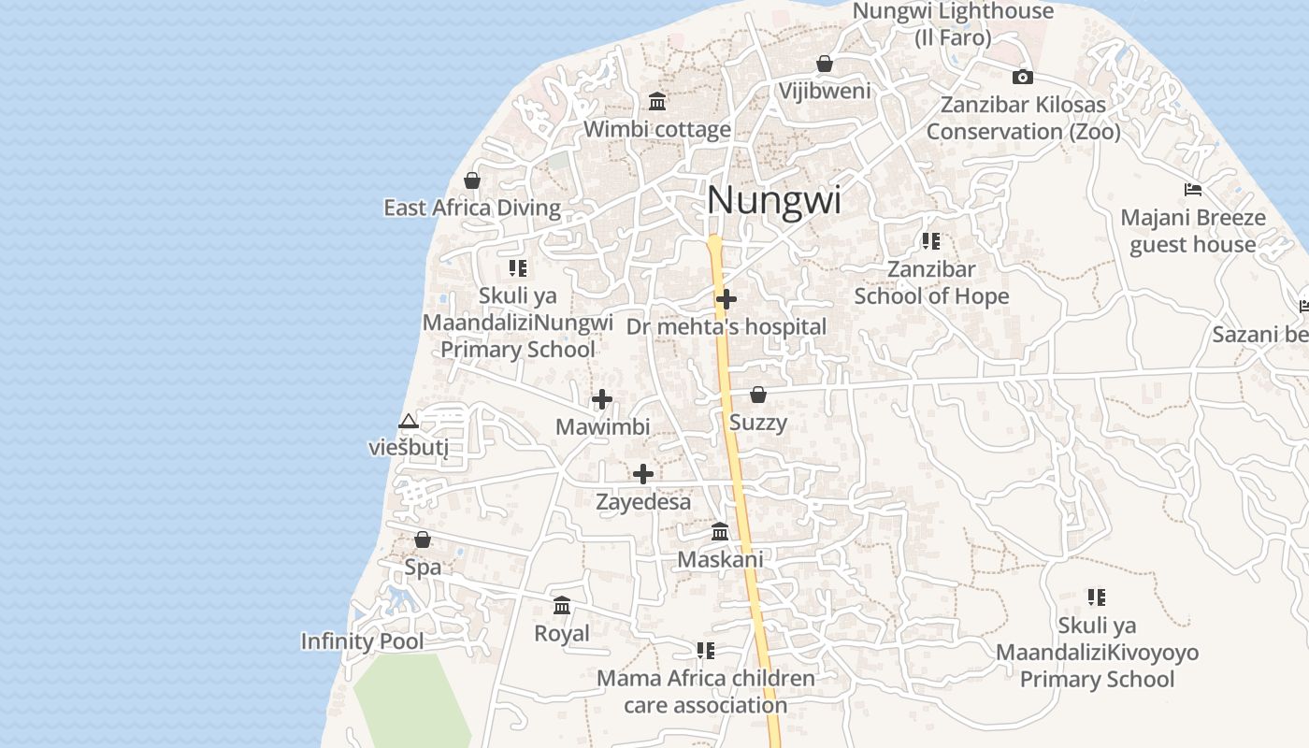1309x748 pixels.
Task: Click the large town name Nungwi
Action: pyautogui.click(x=774, y=201)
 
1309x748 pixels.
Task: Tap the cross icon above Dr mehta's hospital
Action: pyautogui.click(x=726, y=299)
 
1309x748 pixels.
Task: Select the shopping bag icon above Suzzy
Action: pyautogui.click(x=758, y=395)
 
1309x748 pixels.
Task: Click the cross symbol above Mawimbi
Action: pyautogui.click(x=602, y=400)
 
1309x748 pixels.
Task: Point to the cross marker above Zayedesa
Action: pyautogui.click(x=643, y=474)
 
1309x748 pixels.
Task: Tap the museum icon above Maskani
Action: pyautogui.click(x=720, y=532)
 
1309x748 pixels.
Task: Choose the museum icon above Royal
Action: pyautogui.click(x=562, y=606)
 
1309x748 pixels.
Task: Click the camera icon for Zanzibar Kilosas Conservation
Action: pyautogui.click(x=1023, y=78)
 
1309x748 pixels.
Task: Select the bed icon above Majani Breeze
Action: pyautogui.click(x=1193, y=190)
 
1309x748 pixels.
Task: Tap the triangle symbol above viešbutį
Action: pyautogui.click(x=408, y=421)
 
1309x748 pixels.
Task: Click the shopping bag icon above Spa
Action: pyautogui.click(x=423, y=539)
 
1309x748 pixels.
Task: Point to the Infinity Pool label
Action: pyautogui.click(x=362, y=641)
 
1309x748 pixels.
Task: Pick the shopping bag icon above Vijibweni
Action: pyautogui.click(x=825, y=64)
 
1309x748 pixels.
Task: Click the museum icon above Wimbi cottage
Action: pyautogui.click(x=657, y=101)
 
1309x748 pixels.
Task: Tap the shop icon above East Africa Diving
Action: pyautogui.click(x=472, y=180)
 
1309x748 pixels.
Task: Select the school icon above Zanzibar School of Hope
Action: pyautogui.click(x=931, y=241)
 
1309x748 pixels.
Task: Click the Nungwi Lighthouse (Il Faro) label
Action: pyautogui.click(x=953, y=24)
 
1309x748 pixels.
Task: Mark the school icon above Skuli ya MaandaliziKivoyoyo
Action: pyautogui.click(x=1097, y=597)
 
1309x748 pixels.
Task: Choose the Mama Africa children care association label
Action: pyautogui.click(x=706, y=691)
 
